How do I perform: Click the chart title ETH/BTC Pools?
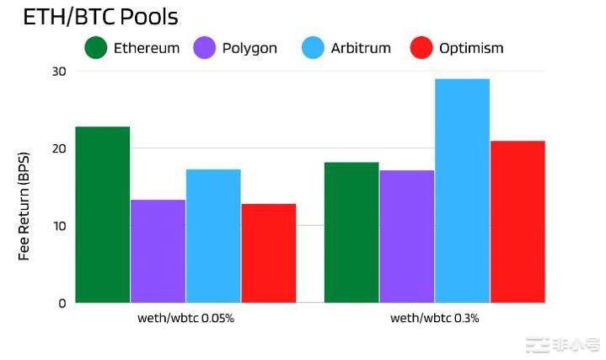[100, 17]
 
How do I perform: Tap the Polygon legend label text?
[249, 48]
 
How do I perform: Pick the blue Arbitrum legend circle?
[313, 48]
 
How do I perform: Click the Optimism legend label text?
[471, 48]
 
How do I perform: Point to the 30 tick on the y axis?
[58, 71]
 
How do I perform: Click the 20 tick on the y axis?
[58, 148]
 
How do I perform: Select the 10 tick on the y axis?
[58, 226]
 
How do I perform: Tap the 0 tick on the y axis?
[62, 303]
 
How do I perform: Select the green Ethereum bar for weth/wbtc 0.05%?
[103, 215]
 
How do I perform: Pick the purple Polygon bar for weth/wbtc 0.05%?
[158, 251]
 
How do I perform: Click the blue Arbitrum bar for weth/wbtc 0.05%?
[213, 236]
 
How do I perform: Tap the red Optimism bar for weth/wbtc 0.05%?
[268, 253]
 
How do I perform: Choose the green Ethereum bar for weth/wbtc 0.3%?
[351, 233]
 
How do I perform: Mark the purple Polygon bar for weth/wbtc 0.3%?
[407, 236]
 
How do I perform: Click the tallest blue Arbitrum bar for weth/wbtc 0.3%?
[462, 191]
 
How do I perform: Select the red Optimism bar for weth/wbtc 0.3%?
[518, 222]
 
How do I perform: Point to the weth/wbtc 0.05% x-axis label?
[185, 319]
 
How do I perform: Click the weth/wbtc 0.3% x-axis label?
[435, 319]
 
